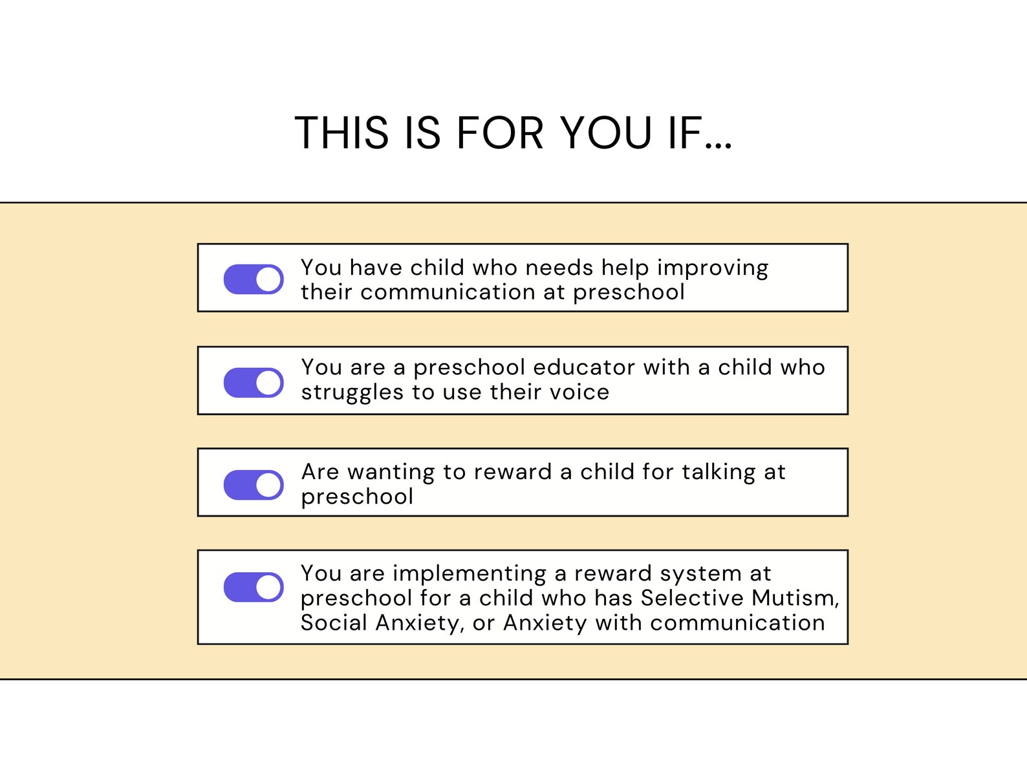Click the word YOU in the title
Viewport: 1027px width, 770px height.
(607, 133)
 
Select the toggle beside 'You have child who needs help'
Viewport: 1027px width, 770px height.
(254, 279)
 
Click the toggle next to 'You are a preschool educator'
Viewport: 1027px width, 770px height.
(254, 383)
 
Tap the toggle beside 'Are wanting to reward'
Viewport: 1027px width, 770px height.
(254, 485)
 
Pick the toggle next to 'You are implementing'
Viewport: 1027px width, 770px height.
(254, 587)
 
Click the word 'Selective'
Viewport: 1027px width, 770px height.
(692, 598)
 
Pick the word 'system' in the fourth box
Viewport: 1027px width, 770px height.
(701, 574)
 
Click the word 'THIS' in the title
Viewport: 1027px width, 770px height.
(341, 133)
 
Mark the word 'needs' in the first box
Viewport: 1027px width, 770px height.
(559, 268)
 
